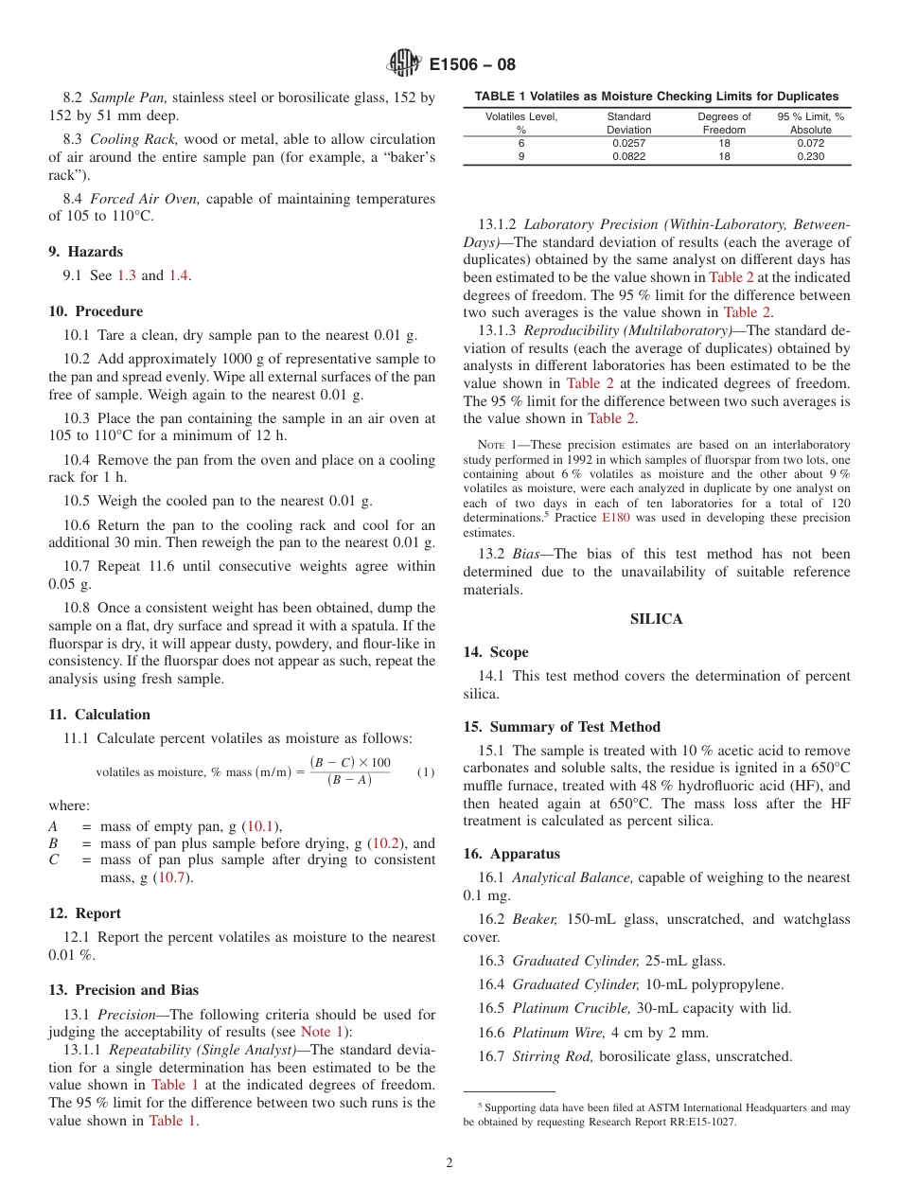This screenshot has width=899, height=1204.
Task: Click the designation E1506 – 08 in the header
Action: coord(472,65)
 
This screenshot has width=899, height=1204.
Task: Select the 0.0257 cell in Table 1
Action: coord(628,143)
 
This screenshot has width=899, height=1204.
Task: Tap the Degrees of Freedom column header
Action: coord(724,123)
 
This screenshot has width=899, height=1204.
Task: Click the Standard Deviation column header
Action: coord(628,123)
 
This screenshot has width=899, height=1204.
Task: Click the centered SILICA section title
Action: coord(657,619)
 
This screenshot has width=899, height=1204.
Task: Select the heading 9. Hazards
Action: coord(86,252)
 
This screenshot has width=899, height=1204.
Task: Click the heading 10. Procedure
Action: coord(96,311)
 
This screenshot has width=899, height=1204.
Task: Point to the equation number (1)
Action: coord(426,772)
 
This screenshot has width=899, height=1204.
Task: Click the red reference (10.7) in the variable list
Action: coord(174,877)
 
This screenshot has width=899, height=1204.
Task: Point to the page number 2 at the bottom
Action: coord(449,1162)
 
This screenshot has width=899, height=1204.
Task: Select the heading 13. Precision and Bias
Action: coord(123,990)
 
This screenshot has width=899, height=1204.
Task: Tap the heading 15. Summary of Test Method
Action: coord(562,727)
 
